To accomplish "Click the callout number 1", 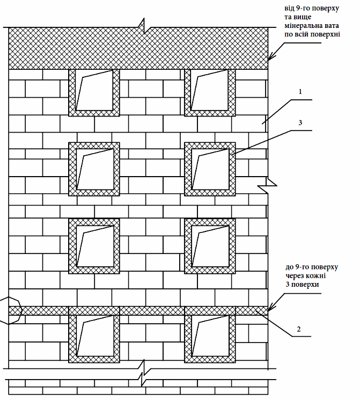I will point(301,91).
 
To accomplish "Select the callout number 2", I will point(299,329).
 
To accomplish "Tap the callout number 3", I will point(301,123).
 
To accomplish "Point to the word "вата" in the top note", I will point(330,25).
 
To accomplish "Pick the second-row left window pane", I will point(94,169).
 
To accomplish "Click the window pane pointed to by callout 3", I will point(210,169).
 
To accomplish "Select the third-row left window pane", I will point(94,245).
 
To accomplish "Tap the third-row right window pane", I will point(210,245).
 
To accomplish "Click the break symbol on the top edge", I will point(144,25).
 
